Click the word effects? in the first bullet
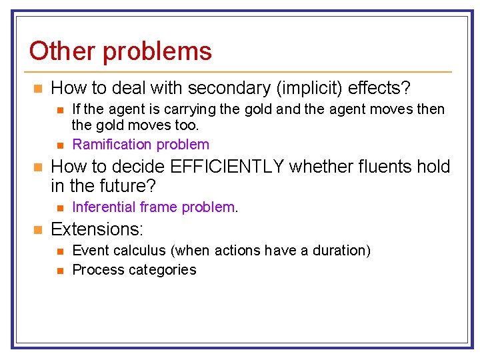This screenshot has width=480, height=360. tap(387, 87)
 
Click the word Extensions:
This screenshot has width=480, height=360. tap(97, 229)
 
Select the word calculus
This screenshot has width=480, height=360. tap(137, 251)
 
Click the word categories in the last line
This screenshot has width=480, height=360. tap(163, 270)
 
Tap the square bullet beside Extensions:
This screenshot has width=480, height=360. tap(37, 230)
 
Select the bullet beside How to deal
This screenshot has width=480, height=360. tap(37, 88)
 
